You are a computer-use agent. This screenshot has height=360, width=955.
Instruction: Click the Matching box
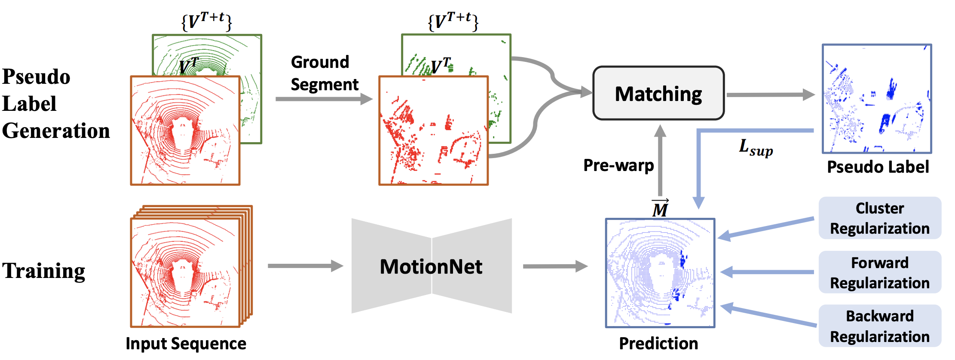(658, 93)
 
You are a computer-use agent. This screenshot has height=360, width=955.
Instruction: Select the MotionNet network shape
(431, 266)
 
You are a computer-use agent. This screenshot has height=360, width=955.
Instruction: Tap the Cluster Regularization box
(880, 218)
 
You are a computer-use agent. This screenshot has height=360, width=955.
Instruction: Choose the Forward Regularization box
(880, 272)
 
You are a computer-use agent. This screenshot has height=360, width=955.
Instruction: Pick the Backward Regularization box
(880, 326)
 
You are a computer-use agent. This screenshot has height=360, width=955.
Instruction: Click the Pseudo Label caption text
(878, 167)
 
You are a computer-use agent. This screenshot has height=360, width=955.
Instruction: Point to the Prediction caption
(658, 343)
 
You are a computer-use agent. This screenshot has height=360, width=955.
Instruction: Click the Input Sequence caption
(186, 343)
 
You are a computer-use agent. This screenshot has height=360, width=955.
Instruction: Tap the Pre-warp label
(618, 165)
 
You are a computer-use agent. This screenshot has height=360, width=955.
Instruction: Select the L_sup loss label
(756, 148)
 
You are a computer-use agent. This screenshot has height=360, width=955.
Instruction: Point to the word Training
(44, 271)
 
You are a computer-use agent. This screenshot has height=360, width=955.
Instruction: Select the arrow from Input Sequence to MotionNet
(305, 266)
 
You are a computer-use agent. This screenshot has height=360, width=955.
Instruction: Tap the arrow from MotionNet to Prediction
(555, 266)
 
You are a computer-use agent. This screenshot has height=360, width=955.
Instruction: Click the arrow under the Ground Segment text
(324, 99)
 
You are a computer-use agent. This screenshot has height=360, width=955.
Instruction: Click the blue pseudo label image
(877, 99)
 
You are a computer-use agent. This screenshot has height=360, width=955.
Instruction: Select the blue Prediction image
(660, 273)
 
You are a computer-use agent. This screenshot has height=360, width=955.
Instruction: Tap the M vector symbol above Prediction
(660, 209)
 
